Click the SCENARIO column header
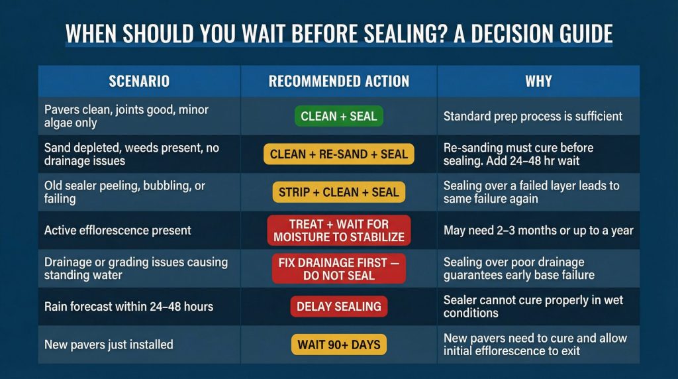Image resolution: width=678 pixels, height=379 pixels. pyautogui.click(x=139, y=81)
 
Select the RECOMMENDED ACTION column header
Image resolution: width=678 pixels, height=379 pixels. pyautogui.click(x=338, y=81)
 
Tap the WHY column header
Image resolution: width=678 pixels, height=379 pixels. pyautogui.click(x=538, y=81)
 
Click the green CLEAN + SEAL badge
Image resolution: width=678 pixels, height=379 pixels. pyautogui.click(x=338, y=116)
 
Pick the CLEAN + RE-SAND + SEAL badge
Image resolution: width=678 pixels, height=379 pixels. pyautogui.click(x=338, y=154)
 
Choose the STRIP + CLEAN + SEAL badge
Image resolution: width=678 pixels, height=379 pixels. pyautogui.click(x=338, y=192)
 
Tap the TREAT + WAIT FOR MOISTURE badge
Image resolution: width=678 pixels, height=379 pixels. pyautogui.click(x=338, y=230)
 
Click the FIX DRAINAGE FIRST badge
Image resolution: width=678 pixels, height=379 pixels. pyautogui.click(x=338, y=268)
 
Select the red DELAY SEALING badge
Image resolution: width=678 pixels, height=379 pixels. pyautogui.click(x=338, y=306)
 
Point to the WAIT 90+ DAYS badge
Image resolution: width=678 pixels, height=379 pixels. pyautogui.click(x=338, y=345)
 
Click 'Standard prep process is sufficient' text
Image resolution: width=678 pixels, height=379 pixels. pyautogui.click(x=533, y=116)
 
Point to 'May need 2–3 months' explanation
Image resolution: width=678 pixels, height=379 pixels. pyautogui.click(x=538, y=230)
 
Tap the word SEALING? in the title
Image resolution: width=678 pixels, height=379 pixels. pyautogui.click(x=405, y=34)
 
